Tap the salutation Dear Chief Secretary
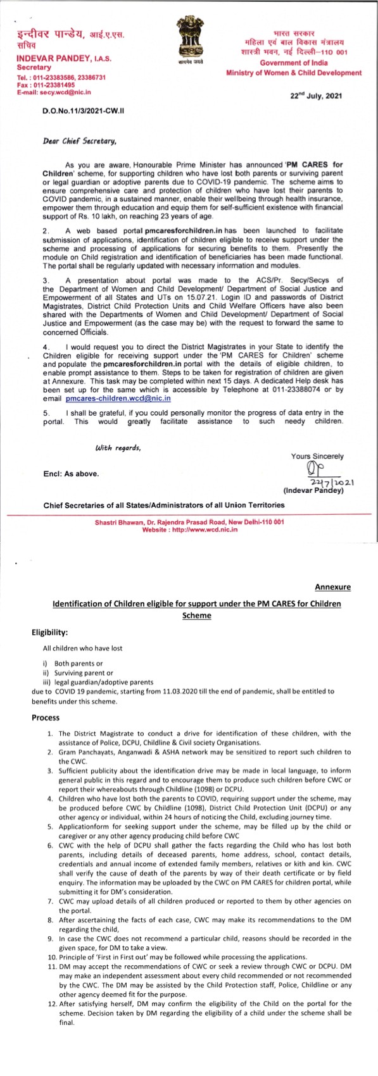coord(79,142)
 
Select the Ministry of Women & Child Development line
coord(294,73)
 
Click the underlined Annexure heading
coord(332,586)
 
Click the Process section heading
coord(46,717)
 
